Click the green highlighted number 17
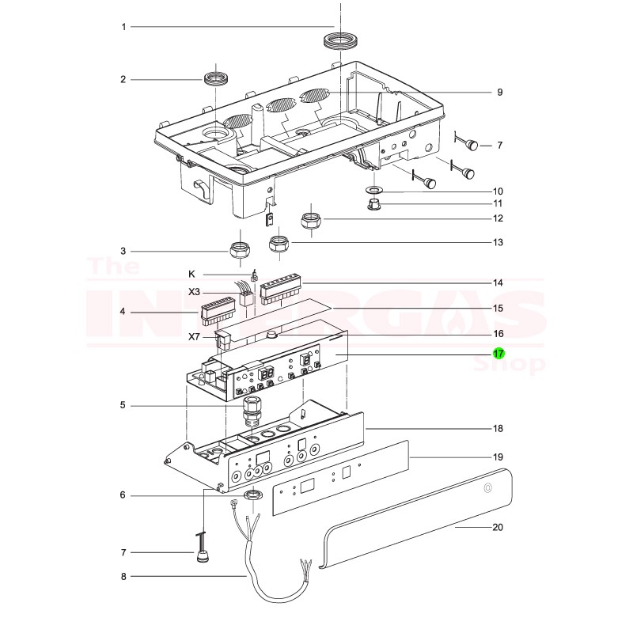tap(498, 354)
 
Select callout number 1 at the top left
tap(123, 27)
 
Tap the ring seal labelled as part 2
tap(214, 79)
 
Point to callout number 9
tap(499, 93)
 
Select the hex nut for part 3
tap(240, 251)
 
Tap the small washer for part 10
tap(374, 191)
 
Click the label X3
tap(194, 292)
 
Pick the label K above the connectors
tap(191, 274)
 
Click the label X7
tap(194, 336)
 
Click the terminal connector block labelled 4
tap(217, 311)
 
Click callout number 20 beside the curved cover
tap(498, 527)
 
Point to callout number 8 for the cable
tap(123, 577)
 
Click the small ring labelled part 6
tap(253, 496)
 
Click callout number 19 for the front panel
tap(498, 457)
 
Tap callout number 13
tap(498, 242)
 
